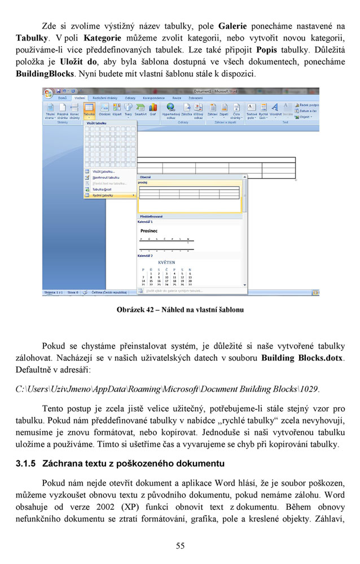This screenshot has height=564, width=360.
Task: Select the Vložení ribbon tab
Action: coord(79,98)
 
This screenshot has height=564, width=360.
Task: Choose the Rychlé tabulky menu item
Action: coord(103,195)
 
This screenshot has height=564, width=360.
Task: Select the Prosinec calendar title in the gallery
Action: coord(149,231)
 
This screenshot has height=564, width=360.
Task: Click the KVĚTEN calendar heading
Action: coord(166,262)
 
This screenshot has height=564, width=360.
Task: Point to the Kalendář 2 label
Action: coord(146,255)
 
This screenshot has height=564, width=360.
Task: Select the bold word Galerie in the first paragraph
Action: coord(232,26)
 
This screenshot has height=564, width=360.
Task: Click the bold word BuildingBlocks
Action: coord(44,73)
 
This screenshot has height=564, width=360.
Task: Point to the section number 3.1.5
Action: coord(25,464)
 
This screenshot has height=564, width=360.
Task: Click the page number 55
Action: coord(180,545)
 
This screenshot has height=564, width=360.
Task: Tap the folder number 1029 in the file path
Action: coord(310,389)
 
